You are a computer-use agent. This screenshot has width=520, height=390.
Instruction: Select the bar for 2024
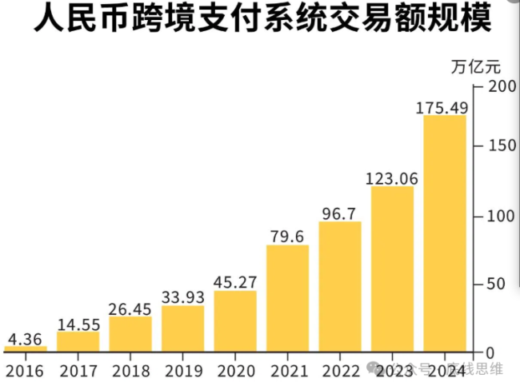(444, 233)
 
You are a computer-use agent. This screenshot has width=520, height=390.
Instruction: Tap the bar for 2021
(287, 298)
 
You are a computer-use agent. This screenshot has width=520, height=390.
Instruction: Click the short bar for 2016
(26, 348)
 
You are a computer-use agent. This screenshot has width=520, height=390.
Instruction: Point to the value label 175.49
(442, 108)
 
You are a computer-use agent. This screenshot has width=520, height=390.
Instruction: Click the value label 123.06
(392, 178)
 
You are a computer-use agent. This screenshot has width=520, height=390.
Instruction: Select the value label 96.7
(340, 213)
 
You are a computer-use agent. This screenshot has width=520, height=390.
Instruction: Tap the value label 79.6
(287, 237)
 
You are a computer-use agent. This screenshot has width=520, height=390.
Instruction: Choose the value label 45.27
(235, 282)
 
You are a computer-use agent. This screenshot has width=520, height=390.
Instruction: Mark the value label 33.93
(182, 297)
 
